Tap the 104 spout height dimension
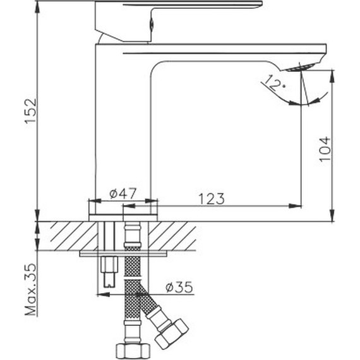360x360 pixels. [325, 148]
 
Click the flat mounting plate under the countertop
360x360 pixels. [124, 254]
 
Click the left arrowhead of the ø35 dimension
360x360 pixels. [100, 293]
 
